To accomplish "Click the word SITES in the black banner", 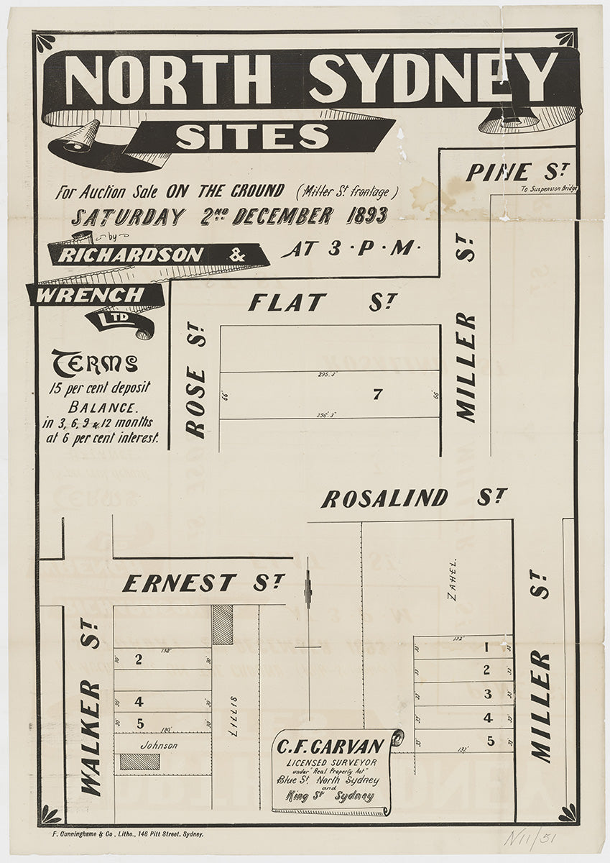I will click(x=252, y=136).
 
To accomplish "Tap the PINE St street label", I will click(x=517, y=173).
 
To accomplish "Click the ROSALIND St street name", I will click(x=414, y=498).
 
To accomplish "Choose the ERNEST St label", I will click(x=203, y=583).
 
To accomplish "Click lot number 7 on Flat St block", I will click(x=376, y=394).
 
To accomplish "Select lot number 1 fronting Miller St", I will click(x=486, y=647).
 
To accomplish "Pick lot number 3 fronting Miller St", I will click(x=487, y=694).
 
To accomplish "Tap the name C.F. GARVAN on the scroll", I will click(x=331, y=746).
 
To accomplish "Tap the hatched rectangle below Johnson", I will click(x=139, y=762).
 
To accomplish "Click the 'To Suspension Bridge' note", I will click(x=550, y=189).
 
